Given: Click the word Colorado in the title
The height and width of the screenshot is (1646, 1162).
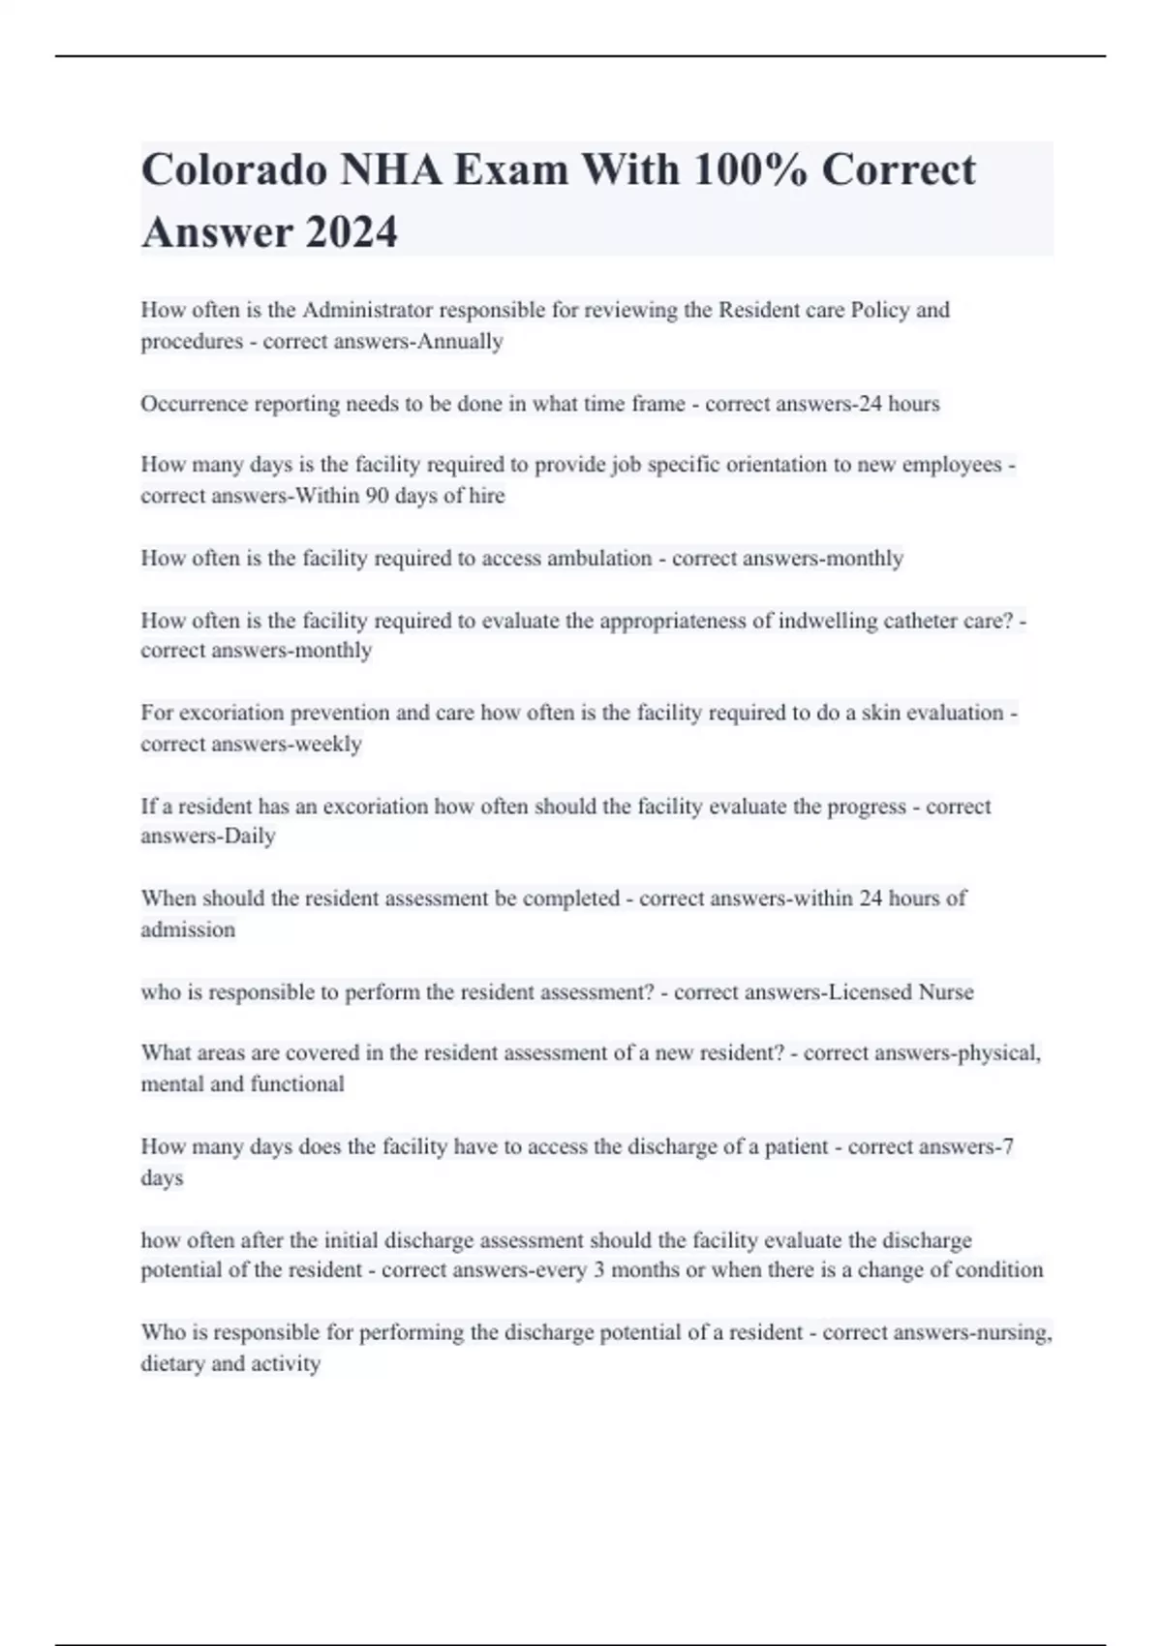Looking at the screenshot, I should pos(234,170).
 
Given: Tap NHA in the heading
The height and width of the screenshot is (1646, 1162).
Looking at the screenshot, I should pos(391,170).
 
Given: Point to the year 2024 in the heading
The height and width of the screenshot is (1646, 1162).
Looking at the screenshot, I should pos(352,232).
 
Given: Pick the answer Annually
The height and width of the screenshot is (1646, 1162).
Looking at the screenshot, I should pos(460,341).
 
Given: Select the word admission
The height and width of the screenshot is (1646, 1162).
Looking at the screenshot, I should pos(188,930).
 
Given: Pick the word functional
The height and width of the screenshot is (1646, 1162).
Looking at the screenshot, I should pos(296,1083).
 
